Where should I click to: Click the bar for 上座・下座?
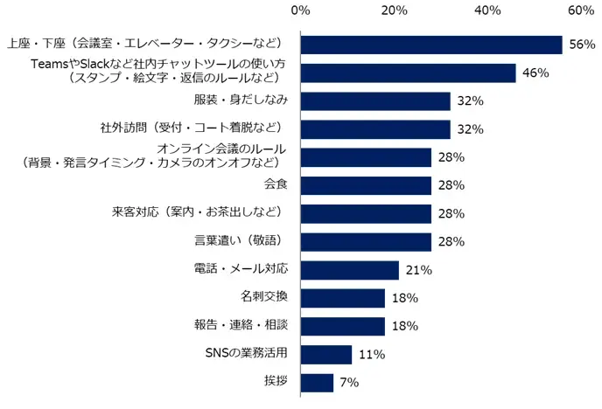point(430,45)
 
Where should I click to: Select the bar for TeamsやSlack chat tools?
point(408,73)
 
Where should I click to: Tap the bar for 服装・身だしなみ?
point(374,101)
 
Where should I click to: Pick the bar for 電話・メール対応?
point(349,270)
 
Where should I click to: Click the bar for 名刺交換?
point(342,298)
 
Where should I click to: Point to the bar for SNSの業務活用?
point(325,354)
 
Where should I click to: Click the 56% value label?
point(581,45)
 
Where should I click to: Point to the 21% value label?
point(419,270)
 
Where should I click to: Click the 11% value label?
point(371,354)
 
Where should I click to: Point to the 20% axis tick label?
point(394,10)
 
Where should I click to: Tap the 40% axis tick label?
point(487,10)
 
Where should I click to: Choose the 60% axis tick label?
point(580,10)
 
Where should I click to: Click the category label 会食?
point(276,185)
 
